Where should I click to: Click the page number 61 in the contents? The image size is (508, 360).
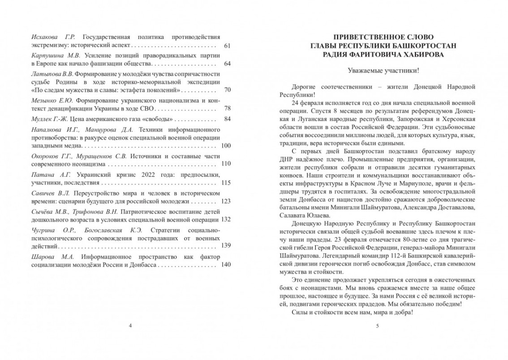[226, 46]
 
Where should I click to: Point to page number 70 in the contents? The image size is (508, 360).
[226, 90]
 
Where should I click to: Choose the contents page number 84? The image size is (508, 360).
[226, 119]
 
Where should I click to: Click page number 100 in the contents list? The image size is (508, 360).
[225, 146]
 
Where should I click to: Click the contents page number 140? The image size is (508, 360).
[225, 265]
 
